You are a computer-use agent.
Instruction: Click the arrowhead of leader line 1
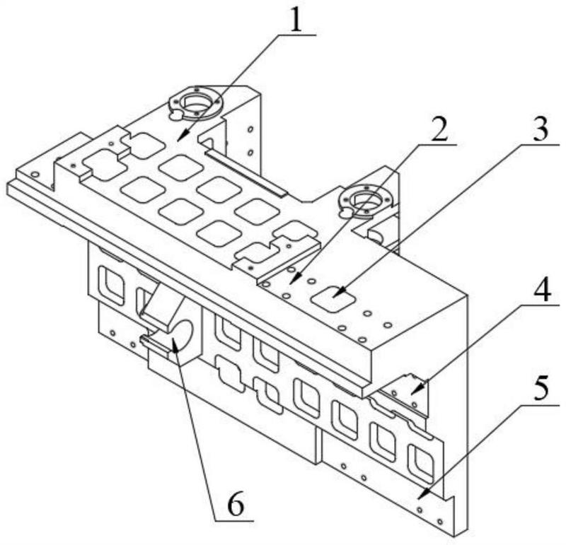[179, 139]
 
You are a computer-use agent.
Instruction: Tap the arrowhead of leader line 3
[339, 293]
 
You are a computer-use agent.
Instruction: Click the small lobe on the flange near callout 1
[175, 115]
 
